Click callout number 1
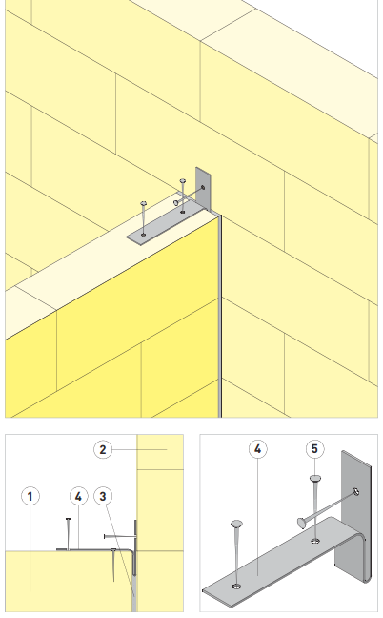(30, 496)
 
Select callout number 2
(103, 450)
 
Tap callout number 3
(103, 496)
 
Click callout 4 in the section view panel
(79, 496)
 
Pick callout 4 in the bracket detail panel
(258, 449)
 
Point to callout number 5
(314, 449)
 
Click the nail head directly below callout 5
(315, 479)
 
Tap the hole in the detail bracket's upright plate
(355, 491)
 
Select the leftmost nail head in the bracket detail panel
(236, 524)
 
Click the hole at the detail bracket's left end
(236, 587)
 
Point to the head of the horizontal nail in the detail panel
(301, 523)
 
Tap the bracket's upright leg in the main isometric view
(204, 189)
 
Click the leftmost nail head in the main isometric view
(143, 203)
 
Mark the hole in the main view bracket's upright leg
(203, 187)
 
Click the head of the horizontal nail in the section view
(104, 536)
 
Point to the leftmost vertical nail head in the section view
(69, 519)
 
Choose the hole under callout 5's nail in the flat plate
(315, 541)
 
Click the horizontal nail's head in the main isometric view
(176, 202)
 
